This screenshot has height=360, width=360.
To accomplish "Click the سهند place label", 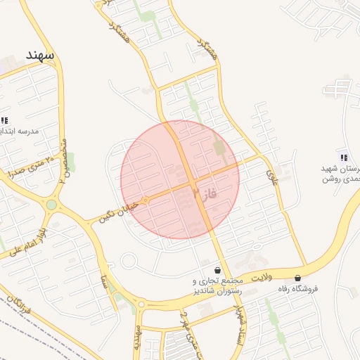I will pos(39,54).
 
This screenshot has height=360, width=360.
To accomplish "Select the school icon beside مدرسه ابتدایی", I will pos(5,120).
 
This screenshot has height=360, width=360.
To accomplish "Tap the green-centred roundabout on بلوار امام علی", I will pos(51,205).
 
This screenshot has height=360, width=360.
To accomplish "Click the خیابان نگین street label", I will pos(116,209).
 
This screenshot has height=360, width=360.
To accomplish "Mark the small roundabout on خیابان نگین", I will pos(146,200).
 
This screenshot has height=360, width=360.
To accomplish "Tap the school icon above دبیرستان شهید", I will pos(343,157).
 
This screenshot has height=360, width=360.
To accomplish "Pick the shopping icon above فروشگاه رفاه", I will pos(298,278).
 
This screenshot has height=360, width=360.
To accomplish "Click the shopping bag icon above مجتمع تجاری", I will pos(217,270).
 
